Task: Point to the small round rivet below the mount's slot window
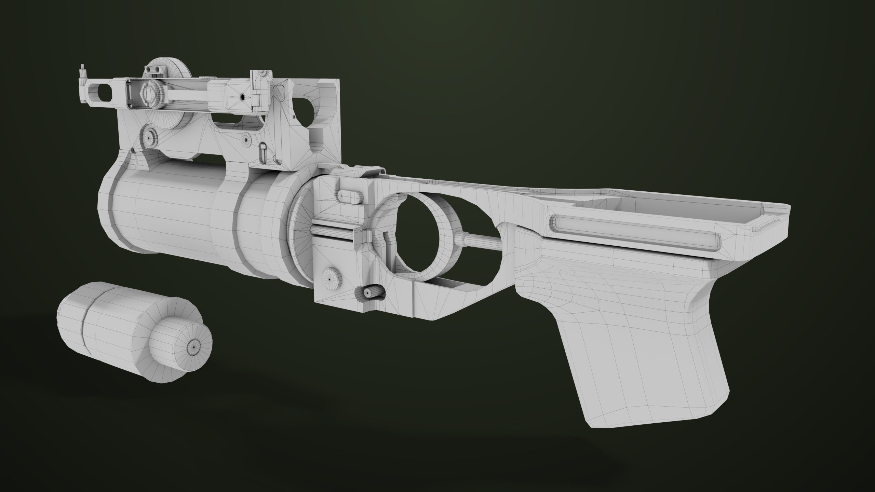click(246, 139)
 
